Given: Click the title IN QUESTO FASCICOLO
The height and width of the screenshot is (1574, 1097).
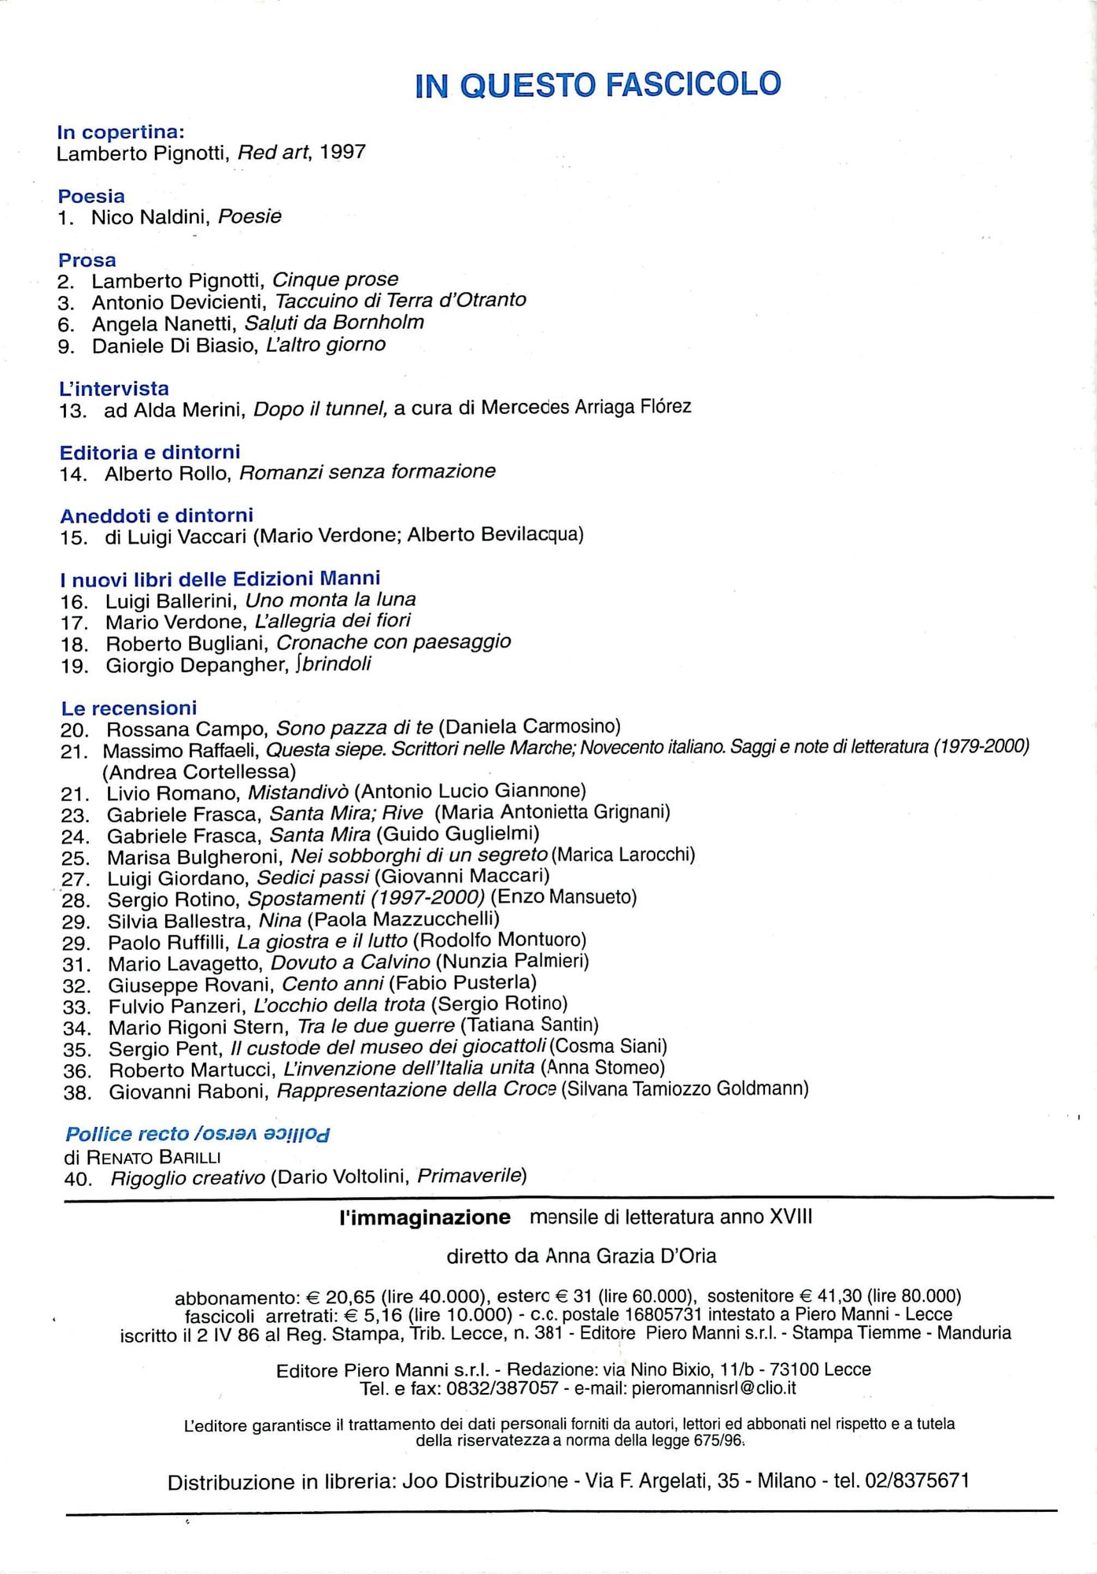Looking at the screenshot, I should tap(597, 84).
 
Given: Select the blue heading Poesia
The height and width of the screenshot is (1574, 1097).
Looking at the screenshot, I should tap(91, 196).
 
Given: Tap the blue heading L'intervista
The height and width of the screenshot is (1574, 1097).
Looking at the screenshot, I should tap(114, 388).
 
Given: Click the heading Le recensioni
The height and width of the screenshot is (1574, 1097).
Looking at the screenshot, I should tap(129, 708).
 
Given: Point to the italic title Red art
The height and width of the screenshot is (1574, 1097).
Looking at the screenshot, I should tap(273, 152).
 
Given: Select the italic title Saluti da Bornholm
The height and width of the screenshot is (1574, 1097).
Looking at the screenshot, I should tap(334, 323).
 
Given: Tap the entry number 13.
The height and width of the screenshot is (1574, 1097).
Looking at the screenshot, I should tap(75, 410).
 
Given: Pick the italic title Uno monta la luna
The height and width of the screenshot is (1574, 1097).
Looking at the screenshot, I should tap(331, 600).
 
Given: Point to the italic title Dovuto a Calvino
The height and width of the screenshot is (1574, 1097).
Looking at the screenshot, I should tap(350, 962).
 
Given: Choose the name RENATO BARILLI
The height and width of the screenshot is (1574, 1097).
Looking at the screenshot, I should tap(153, 1157).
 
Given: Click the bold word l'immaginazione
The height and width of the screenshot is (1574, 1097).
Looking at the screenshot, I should tap(425, 1217).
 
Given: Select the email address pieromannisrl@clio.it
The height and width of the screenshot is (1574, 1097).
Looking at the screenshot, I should tap(714, 1388).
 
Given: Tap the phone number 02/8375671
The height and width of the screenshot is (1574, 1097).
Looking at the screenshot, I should tap(917, 1480).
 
